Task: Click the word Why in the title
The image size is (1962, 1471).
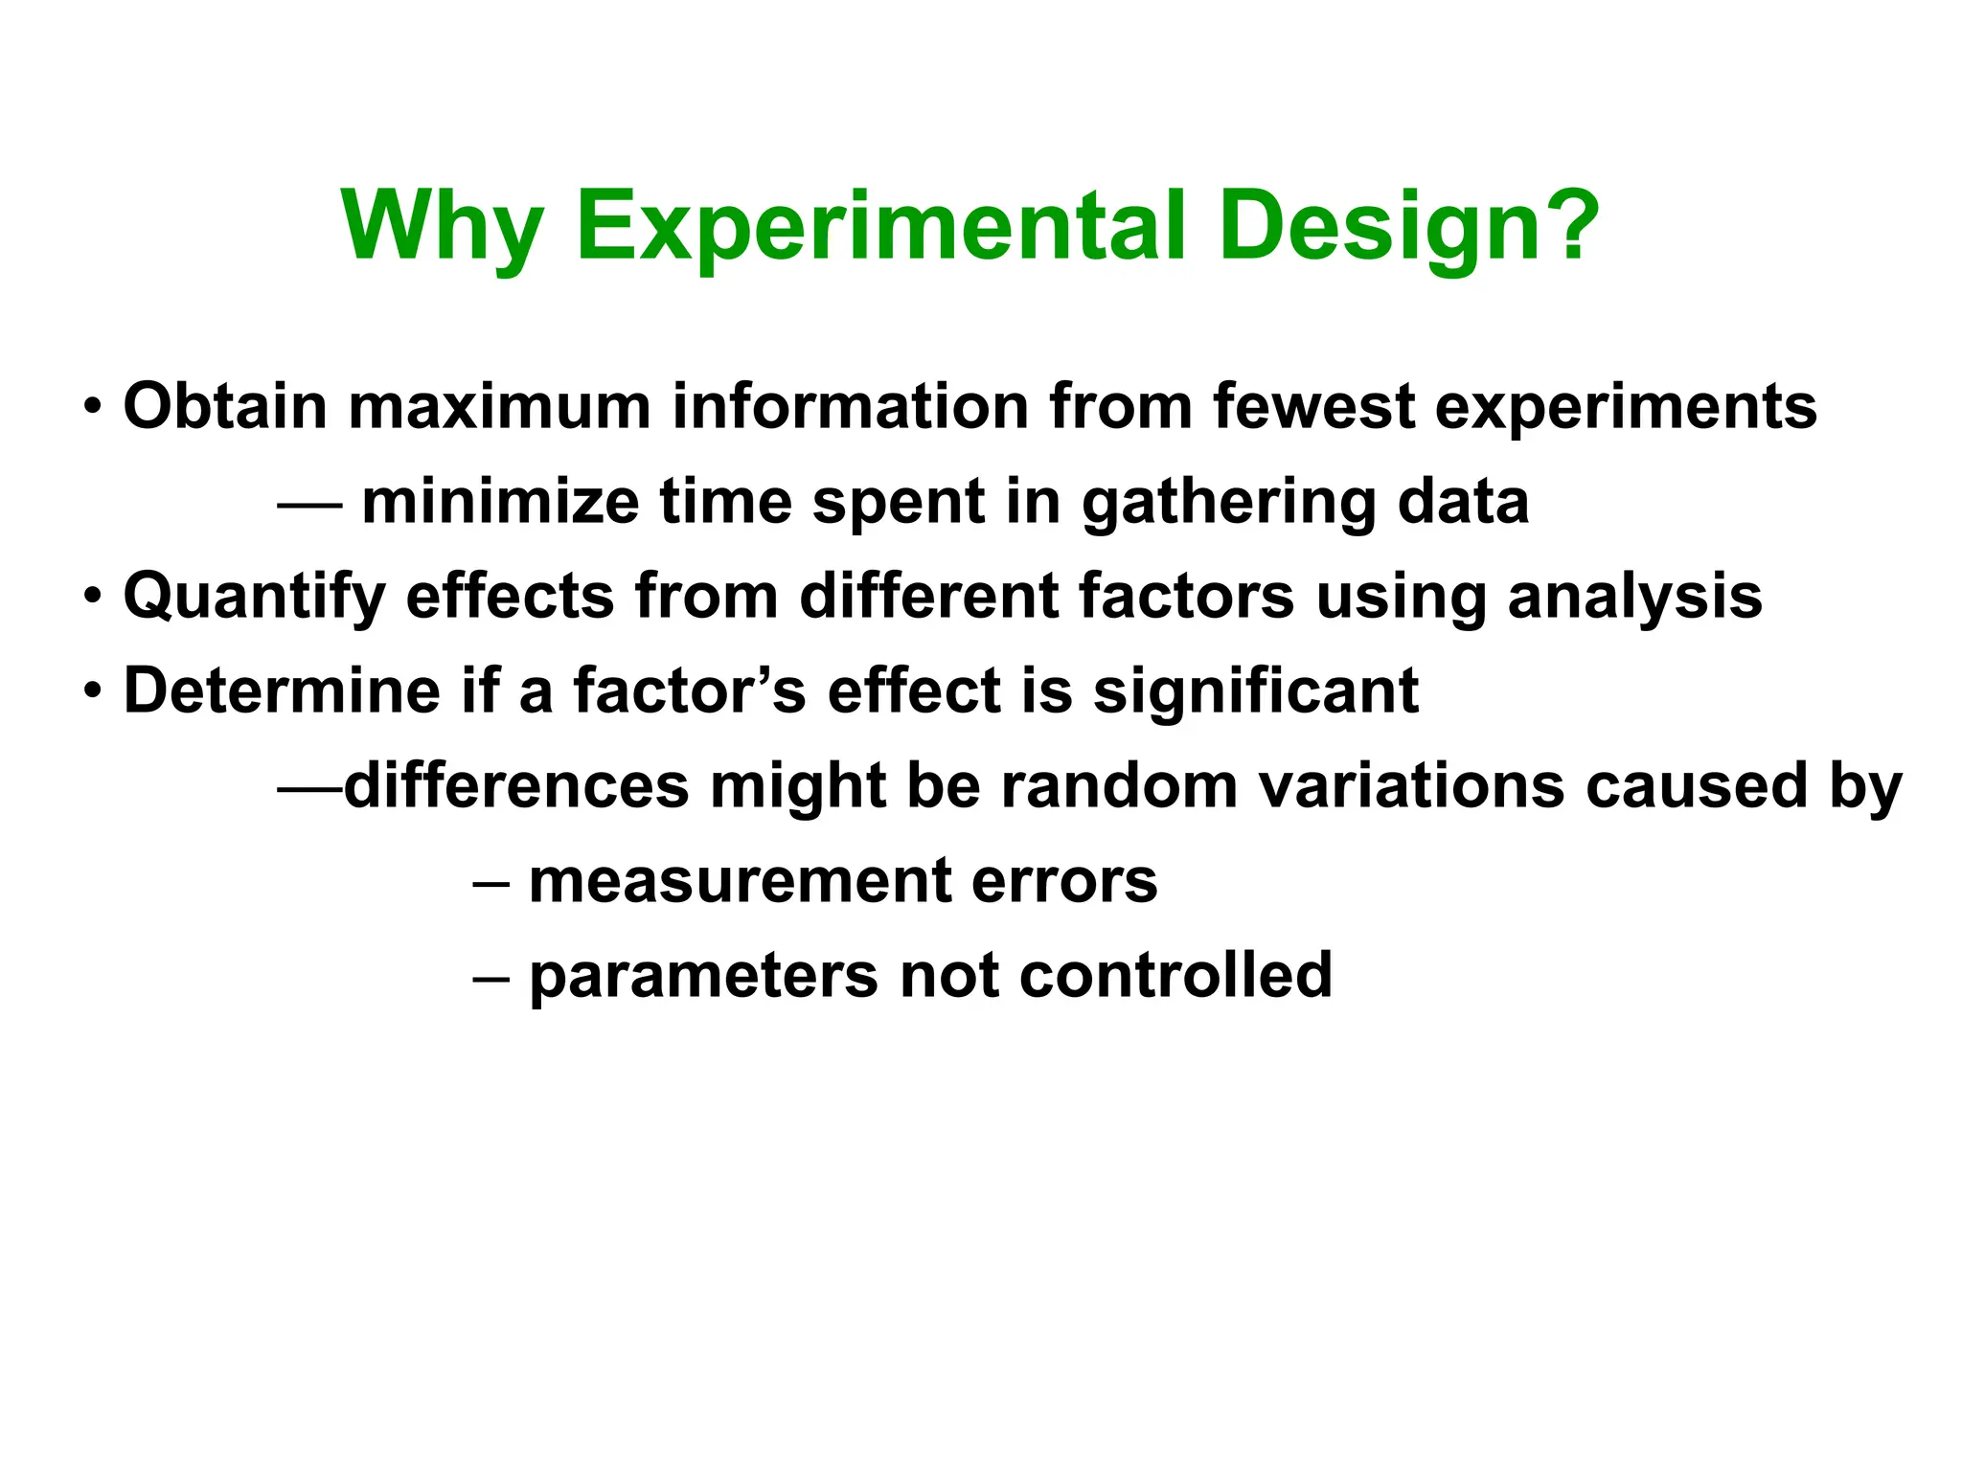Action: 443,228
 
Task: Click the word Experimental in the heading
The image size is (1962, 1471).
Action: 882,228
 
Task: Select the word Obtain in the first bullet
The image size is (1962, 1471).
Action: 225,406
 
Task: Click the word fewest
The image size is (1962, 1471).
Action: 1312,406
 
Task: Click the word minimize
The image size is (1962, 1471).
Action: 500,501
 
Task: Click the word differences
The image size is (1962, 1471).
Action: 516,785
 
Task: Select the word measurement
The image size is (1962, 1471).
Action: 740,880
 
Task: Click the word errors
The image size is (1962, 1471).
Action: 1063,880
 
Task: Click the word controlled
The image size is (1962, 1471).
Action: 1175,975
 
